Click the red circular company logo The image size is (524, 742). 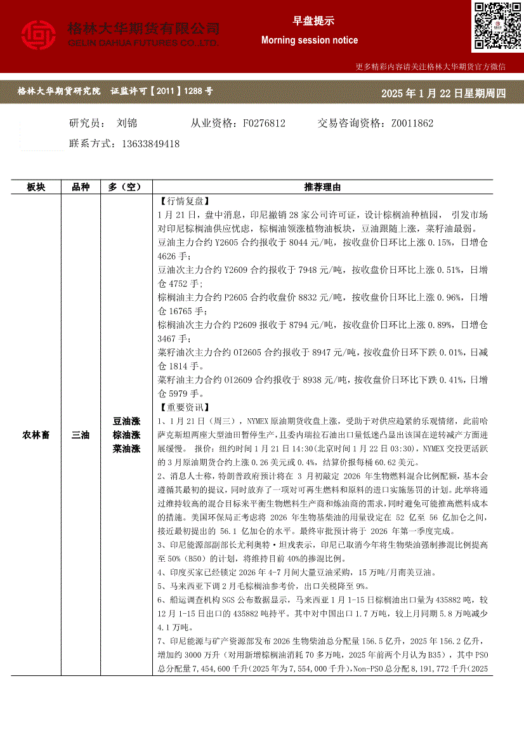tap(39, 36)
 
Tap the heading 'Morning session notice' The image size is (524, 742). tap(309, 40)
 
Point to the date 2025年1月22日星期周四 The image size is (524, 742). tap(443, 94)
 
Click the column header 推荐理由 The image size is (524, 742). tap(322, 187)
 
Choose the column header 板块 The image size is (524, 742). tap(36, 187)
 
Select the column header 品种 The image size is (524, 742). tap(81, 187)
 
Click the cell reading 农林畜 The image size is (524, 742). tap(36, 435)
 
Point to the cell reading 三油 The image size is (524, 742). tap(81, 435)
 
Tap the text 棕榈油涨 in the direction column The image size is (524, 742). tap(126, 435)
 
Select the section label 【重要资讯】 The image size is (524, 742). tap(182, 407)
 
